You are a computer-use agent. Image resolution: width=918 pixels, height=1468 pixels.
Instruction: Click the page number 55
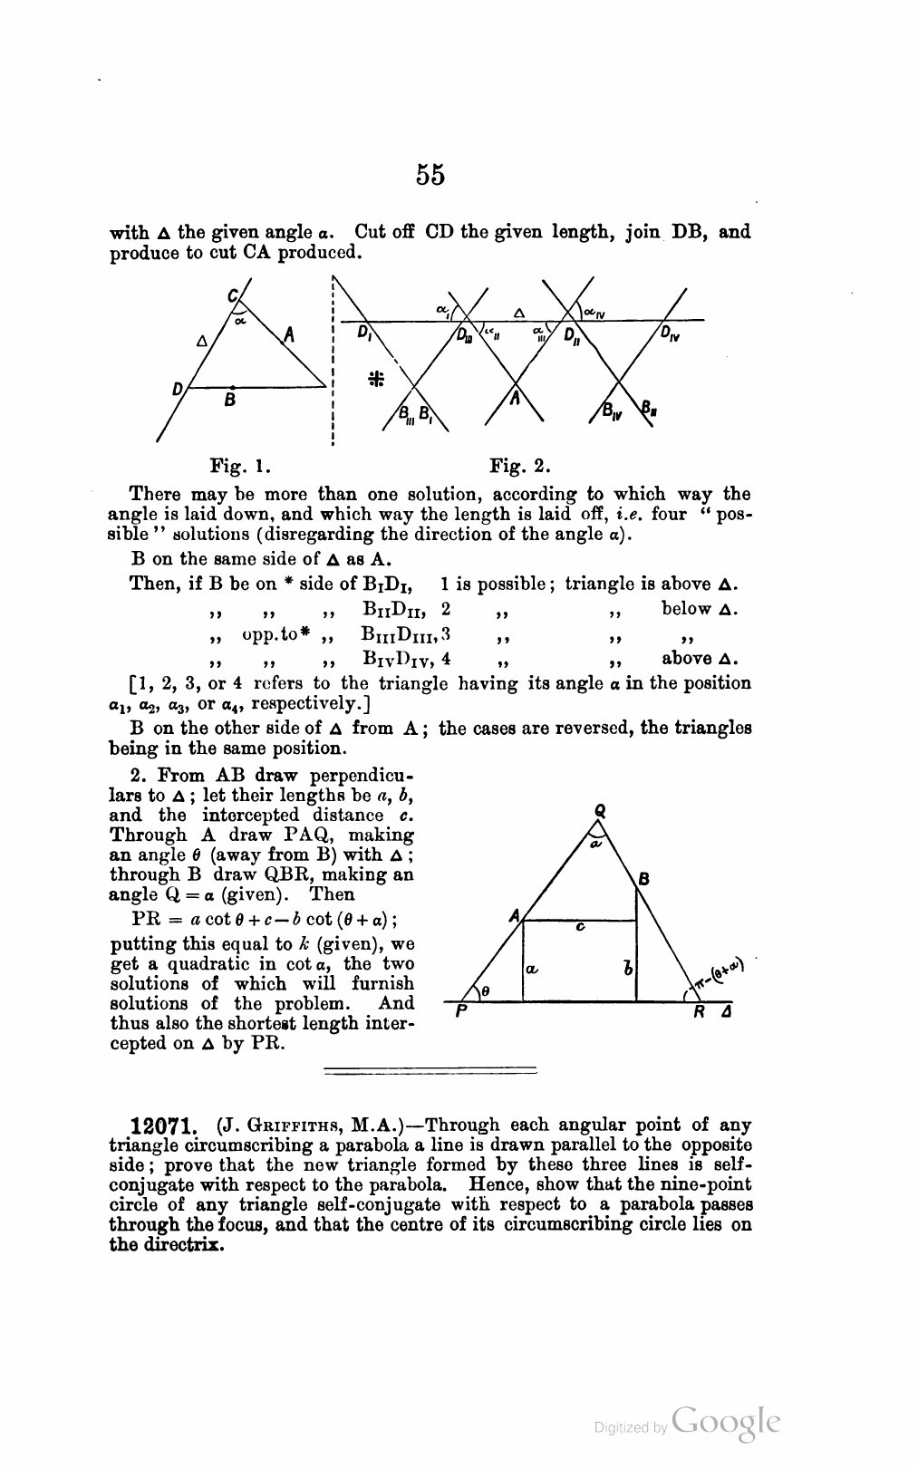[x=430, y=174]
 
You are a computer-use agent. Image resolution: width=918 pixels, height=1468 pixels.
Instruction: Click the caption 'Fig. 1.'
[x=240, y=468]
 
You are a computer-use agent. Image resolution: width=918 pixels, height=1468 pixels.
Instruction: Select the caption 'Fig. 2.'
[x=520, y=468]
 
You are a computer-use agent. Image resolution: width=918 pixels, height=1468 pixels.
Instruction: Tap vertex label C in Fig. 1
[x=232, y=295]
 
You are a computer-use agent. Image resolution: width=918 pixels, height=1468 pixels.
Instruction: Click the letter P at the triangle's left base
[x=460, y=1013]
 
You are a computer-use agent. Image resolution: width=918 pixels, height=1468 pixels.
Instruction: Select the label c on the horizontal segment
[x=579, y=927]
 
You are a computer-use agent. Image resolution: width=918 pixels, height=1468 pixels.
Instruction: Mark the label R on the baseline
[x=699, y=1013]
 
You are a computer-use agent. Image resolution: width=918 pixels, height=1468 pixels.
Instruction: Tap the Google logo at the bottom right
[x=725, y=1422]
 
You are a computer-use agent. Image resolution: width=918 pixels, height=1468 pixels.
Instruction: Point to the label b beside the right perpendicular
[x=626, y=969]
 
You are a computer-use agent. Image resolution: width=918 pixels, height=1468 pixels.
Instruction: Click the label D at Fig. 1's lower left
[x=179, y=389]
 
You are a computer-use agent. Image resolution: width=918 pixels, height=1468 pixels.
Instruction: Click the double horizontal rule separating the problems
[x=430, y=1071]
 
